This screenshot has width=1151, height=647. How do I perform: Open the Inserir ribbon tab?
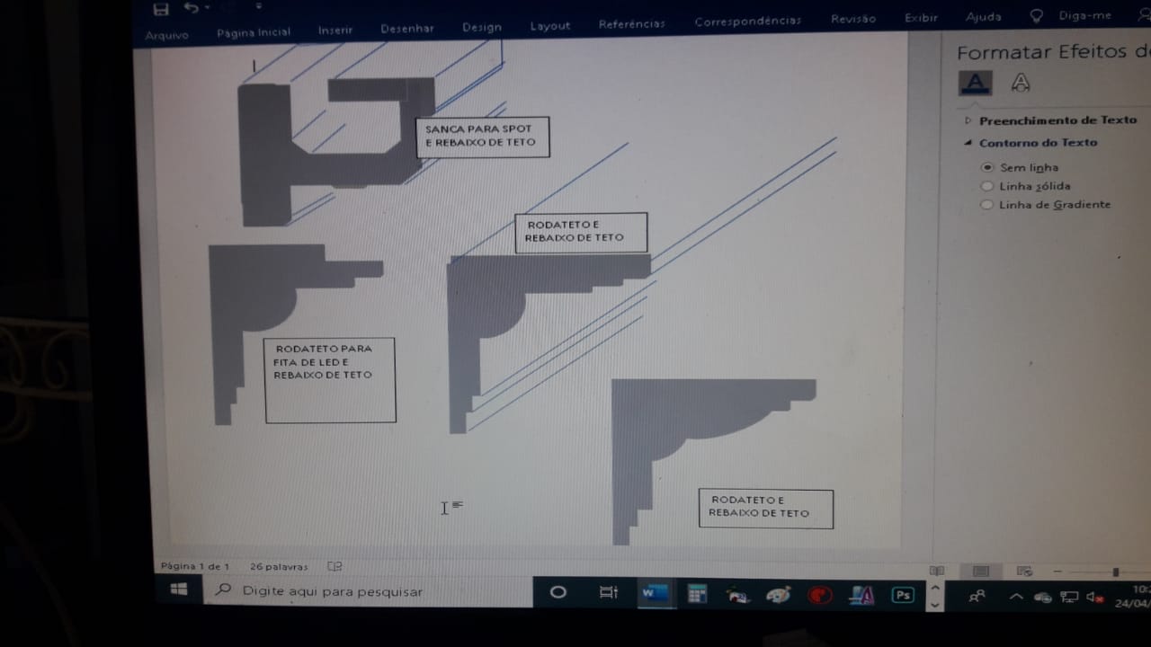(x=335, y=31)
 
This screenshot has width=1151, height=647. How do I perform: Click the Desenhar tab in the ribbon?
(x=407, y=29)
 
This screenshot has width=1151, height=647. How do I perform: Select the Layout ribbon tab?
(x=550, y=26)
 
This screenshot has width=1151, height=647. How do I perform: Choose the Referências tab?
(x=631, y=24)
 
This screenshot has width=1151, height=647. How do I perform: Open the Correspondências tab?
(x=747, y=21)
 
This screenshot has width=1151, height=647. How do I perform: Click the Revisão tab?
(x=853, y=19)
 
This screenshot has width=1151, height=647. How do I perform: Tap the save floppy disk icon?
(x=161, y=9)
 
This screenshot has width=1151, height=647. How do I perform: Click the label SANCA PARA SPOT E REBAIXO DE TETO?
(x=483, y=137)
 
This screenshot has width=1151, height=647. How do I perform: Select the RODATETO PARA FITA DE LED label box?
(x=330, y=380)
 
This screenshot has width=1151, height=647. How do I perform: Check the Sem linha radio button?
(x=986, y=167)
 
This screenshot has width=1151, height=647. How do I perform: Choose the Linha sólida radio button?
(x=986, y=186)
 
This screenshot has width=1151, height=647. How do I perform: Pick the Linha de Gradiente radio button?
(x=986, y=204)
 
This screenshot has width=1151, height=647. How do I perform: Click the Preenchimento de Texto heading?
(x=1057, y=120)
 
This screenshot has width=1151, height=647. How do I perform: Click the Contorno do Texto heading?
(x=1038, y=143)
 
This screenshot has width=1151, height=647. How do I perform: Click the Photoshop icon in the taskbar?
(x=903, y=595)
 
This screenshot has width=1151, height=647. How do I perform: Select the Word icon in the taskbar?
(x=655, y=594)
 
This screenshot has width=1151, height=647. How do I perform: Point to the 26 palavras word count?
(x=279, y=567)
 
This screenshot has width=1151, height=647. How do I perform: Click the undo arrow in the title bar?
(x=192, y=8)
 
